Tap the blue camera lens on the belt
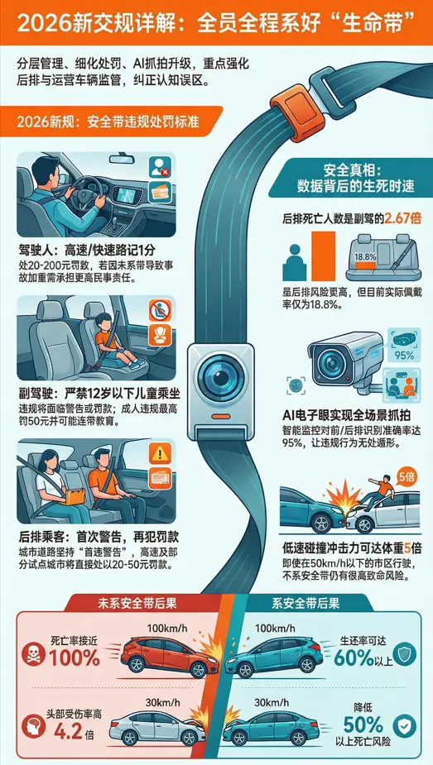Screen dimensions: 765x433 coord(217,375)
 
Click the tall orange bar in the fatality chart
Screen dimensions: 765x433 coord(322,256)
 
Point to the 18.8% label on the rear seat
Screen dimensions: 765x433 coord(365,256)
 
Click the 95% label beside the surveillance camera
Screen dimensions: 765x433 coord(404,356)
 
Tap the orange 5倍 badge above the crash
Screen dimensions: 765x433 coord(407,476)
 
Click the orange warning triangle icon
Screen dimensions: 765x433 coord(156,452)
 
